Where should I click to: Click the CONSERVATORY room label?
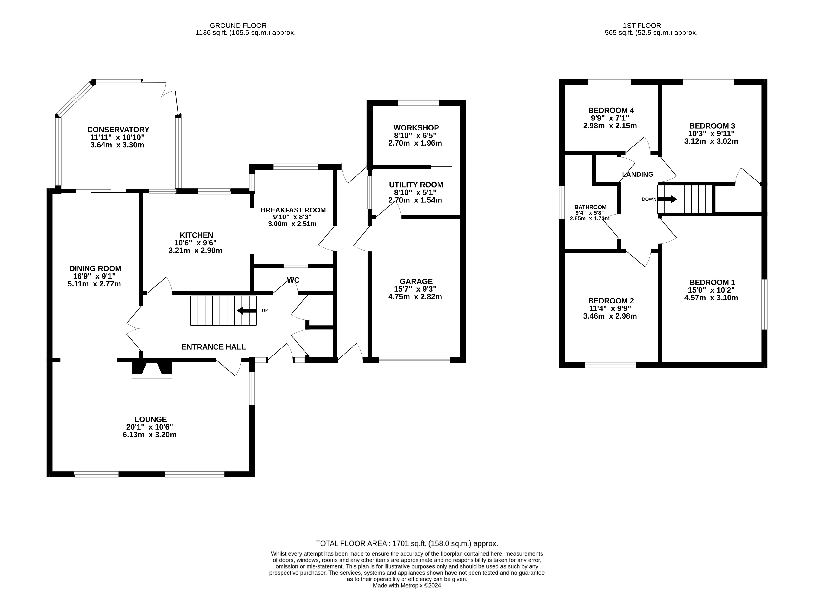[x=118, y=130]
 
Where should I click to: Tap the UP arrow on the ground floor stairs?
[x=247, y=310]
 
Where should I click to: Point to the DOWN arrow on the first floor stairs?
[x=667, y=199]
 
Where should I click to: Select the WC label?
[x=293, y=280]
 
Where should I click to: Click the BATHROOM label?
[x=590, y=207]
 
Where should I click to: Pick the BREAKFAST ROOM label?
[x=293, y=210]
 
